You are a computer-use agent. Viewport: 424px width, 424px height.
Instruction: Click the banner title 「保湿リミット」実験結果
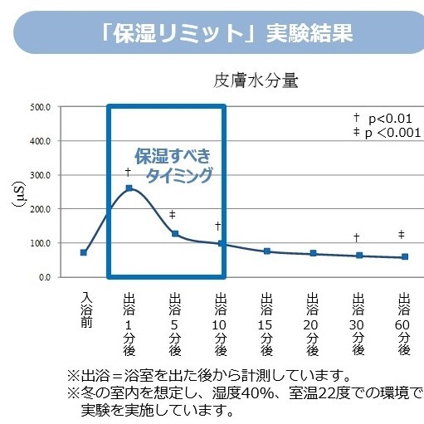[225, 33]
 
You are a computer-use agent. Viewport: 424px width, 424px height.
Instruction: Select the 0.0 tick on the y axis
[44, 277]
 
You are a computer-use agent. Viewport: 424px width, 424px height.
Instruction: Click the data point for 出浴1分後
[129, 188]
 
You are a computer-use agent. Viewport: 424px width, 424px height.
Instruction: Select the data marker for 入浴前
[83, 252]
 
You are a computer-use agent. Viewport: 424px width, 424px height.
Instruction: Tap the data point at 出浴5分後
[175, 234]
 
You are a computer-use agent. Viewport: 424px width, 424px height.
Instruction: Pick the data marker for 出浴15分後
[267, 251]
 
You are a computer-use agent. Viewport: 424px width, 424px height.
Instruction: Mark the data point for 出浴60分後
[404, 257]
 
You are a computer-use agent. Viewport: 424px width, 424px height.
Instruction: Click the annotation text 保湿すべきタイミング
[173, 166]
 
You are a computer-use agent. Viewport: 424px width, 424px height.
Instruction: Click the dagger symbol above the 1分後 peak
[128, 173]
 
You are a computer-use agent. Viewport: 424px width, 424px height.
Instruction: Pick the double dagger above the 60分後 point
[402, 235]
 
